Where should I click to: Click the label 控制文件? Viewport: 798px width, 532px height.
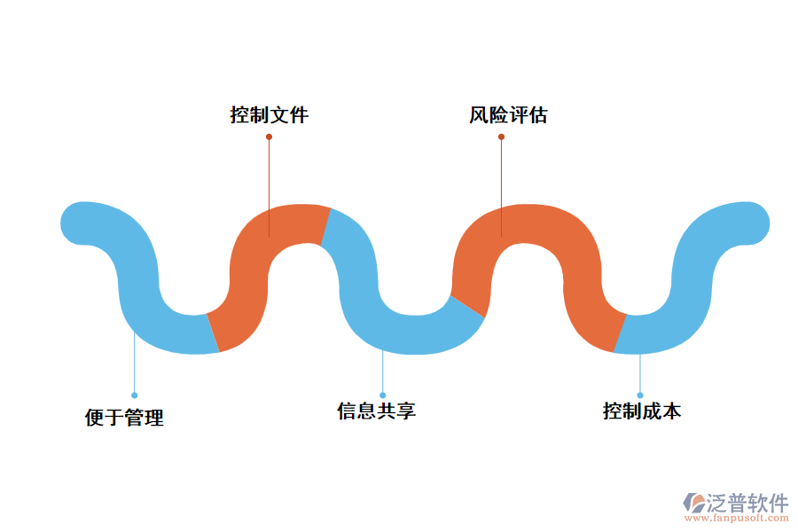(270, 115)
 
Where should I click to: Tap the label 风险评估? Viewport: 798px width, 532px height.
(508, 115)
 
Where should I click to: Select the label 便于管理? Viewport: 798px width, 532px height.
(124, 418)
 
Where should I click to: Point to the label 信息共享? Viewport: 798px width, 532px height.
(376, 411)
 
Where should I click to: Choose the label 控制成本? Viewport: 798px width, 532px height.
(642, 411)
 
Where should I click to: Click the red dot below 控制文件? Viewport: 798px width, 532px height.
(269, 137)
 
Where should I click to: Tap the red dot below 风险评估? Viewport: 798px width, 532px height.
(501, 137)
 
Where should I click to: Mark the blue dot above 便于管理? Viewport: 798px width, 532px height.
(134, 395)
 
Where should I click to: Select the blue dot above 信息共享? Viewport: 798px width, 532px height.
(383, 395)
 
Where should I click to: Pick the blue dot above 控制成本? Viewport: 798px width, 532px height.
(640, 395)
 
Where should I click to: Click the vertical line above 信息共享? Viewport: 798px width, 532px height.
(383, 372)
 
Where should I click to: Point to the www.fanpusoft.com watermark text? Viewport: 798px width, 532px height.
(735, 520)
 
